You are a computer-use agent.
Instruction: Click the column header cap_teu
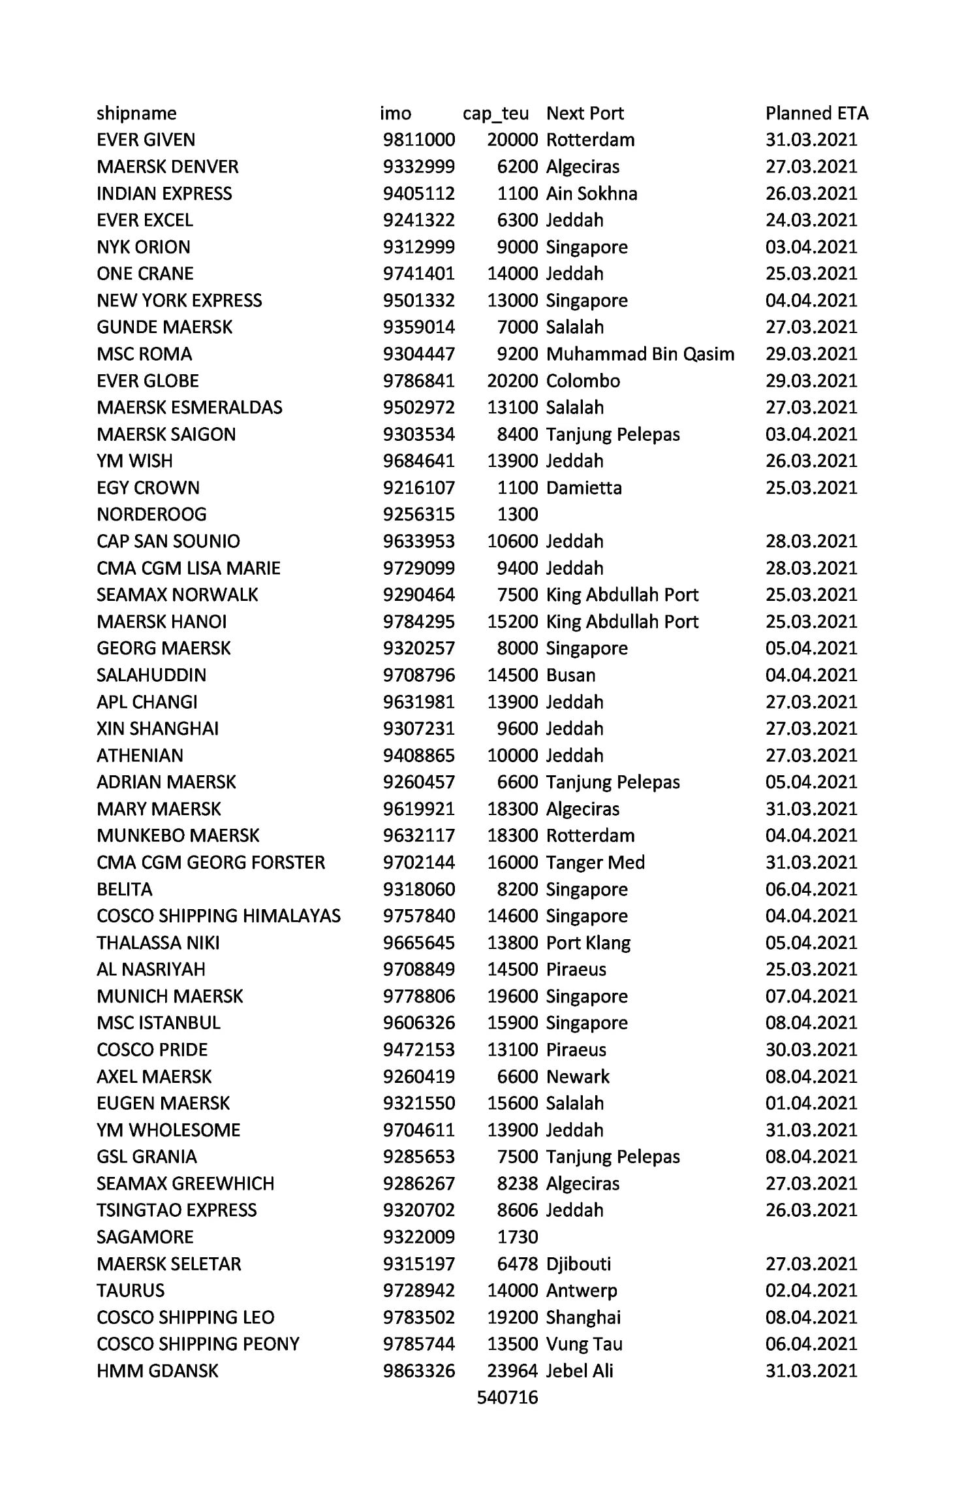click(x=495, y=114)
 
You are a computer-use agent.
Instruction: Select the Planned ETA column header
click(x=816, y=114)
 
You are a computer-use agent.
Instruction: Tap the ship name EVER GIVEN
click(x=146, y=140)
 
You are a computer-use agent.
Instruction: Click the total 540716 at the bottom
click(x=507, y=1397)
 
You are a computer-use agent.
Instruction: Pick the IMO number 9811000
click(x=418, y=140)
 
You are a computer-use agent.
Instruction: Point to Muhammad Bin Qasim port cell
click(x=640, y=354)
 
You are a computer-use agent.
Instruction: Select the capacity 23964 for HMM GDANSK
click(x=512, y=1370)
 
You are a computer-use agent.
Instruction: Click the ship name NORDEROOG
click(x=151, y=515)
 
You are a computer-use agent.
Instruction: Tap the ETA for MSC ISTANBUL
click(x=811, y=1023)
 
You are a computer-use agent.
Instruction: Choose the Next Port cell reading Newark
click(x=578, y=1076)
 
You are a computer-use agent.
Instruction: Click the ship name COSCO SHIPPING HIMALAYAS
click(x=218, y=916)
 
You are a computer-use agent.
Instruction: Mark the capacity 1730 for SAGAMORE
click(x=517, y=1236)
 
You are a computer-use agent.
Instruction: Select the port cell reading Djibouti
click(x=578, y=1263)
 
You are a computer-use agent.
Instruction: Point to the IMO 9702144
click(x=418, y=862)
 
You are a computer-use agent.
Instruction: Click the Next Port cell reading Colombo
click(x=583, y=381)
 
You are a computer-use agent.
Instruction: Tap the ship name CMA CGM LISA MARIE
click(x=188, y=568)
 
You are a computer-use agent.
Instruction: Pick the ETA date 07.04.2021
click(x=811, y=996)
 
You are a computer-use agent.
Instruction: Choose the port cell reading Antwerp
click(x=581, y=1290)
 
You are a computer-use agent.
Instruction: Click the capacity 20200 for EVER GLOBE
click(x=512, y=381)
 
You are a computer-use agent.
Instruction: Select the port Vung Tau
click(x=584, y=1343)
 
